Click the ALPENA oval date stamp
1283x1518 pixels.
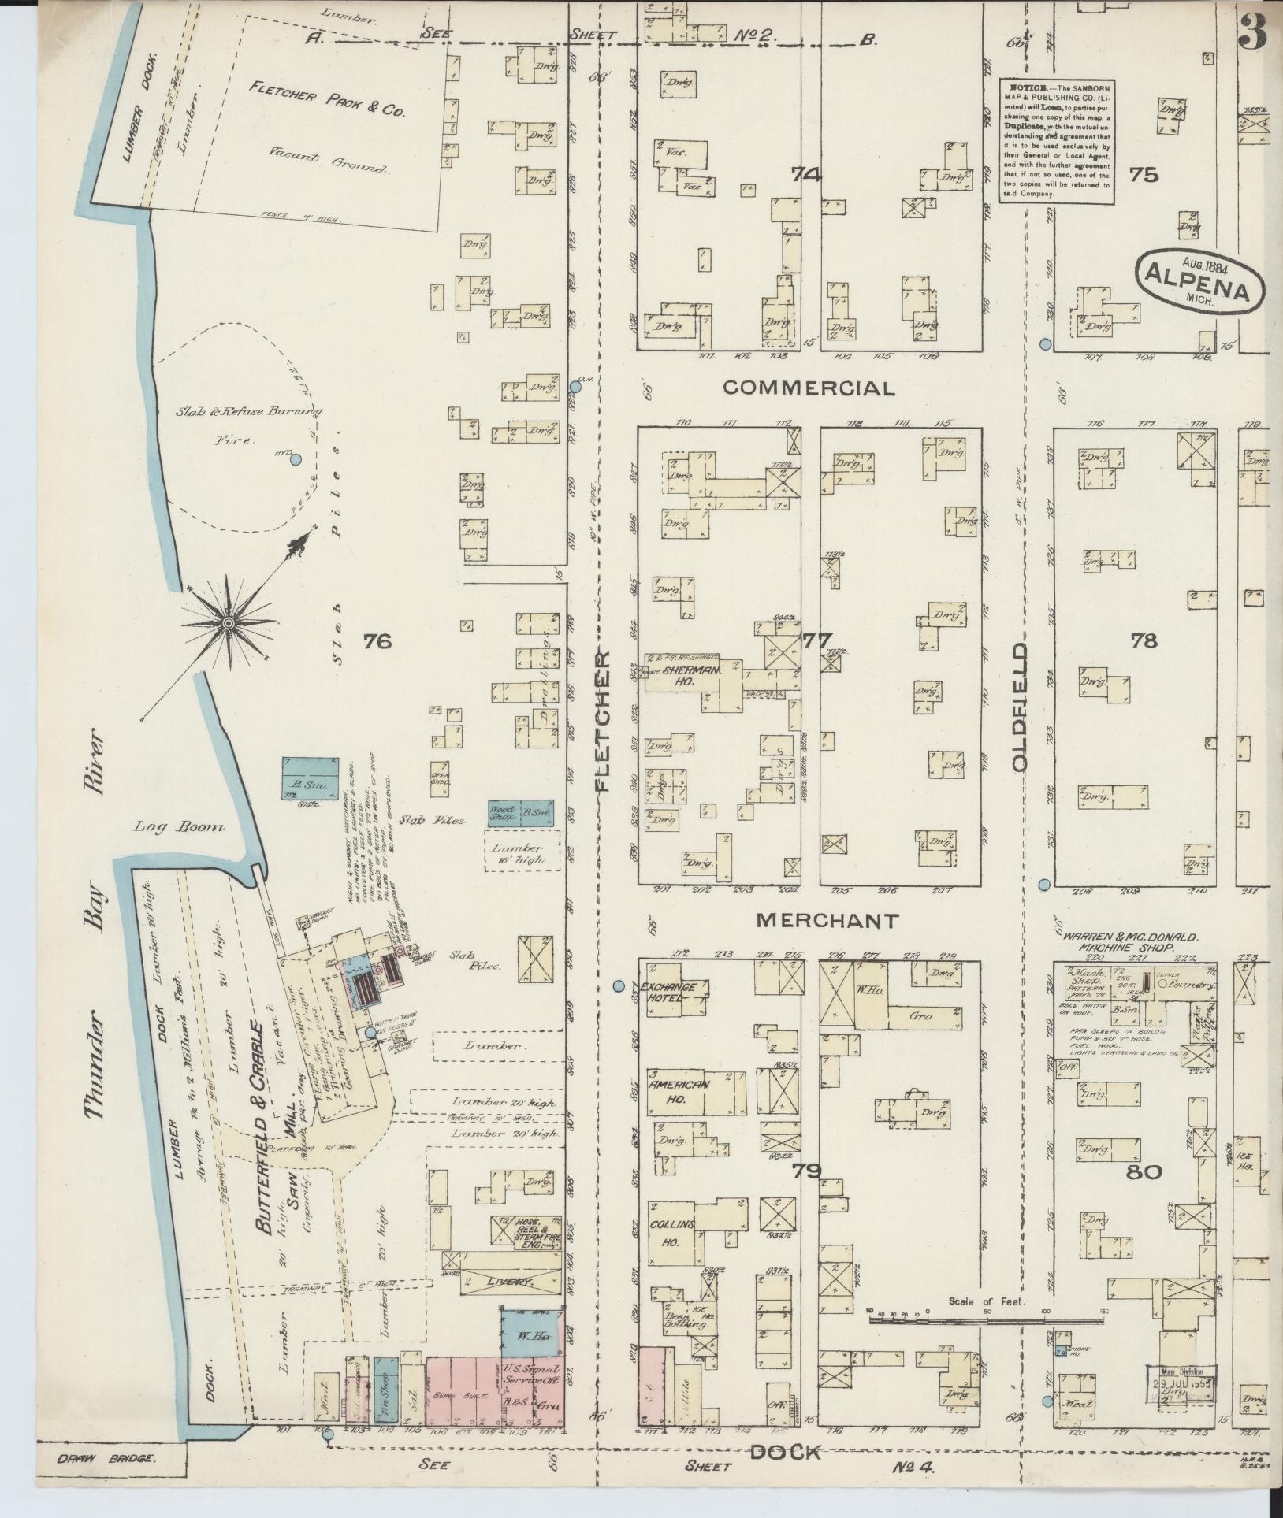pos(1200,283)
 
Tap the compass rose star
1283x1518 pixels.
pos(229,622)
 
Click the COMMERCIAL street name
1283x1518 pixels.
pos(809,388)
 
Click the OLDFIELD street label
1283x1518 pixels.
pos(1021,707)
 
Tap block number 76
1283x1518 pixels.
pos(377,642)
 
